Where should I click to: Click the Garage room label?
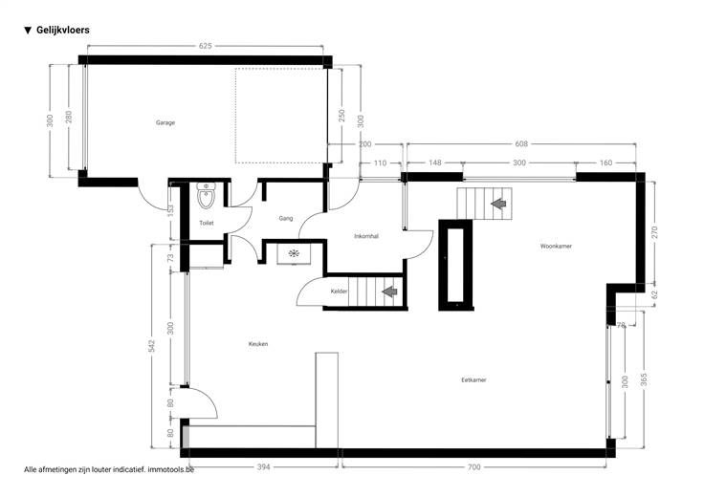165,122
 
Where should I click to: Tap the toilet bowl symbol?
206,196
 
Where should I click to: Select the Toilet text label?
207,223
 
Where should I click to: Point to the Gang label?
286,219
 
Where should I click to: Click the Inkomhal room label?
366,236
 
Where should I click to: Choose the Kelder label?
339,292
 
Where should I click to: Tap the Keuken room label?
258,344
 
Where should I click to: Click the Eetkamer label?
473,380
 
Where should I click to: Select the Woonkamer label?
556,247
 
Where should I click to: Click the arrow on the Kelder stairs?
389,292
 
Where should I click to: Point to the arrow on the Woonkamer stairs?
498,204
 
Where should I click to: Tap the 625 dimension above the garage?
206,46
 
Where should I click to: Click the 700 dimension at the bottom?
474,467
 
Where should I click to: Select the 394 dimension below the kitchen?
264,467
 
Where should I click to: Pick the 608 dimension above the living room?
521,144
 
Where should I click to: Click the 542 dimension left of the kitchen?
152,345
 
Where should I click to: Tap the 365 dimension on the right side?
645,379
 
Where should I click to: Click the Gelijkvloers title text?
63,30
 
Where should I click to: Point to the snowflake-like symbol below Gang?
294,254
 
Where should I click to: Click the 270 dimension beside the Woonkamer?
654,232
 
